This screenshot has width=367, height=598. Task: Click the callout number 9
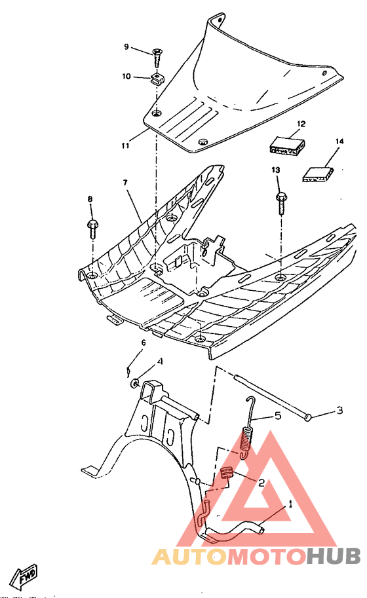pyautogui.click(x=127, y=47)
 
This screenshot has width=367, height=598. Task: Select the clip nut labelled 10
pyautogui.click(x=157, y=80)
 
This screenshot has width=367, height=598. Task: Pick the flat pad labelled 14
pyautogui.click(x=317, y=173)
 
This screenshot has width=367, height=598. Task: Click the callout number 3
pyautogui.click(x=339, y=411)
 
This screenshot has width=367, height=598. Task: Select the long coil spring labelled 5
pyautogui.click(x=246, y=436)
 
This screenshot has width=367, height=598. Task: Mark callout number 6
pyautogui.click(x=143, y=343)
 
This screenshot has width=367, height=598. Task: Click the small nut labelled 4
pyautogui.click(x=134, y=382)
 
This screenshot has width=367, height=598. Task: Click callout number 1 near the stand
pyautogui.click(x=290, y=504)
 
